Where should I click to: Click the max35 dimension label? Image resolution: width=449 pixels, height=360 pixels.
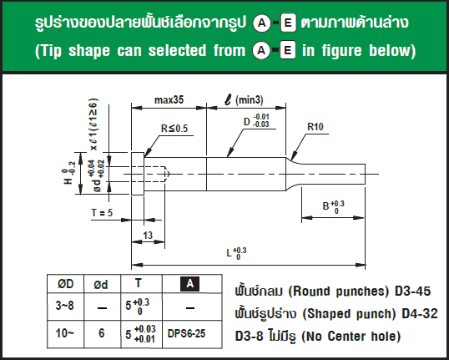pyautogui.click(x=169, y=99)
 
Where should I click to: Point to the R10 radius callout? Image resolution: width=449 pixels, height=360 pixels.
pyautogui.click(x=315, y=127)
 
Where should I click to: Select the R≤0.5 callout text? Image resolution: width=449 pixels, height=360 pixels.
pyautogui.click(x=174, y=129)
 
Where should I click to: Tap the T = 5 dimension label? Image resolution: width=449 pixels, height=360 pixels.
pyautogui.click(x=102, y=213)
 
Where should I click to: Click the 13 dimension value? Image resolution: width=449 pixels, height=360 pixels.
pyautogui.click(x=148, y=236)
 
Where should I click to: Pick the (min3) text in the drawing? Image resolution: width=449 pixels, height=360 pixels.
pyautogui.click(x=249, y=99)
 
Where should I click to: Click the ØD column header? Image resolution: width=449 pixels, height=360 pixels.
pyautogui.click(x=66, y=284)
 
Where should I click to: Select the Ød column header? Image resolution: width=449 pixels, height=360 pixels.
pyautogui.click(x=101, y=284)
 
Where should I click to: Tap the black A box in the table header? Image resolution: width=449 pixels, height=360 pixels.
pyautogui.click(x=189, y=284)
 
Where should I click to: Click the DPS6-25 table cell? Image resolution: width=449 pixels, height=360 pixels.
pyautogui.click(x=186, y=333)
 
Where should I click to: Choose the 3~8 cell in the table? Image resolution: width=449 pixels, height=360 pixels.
pyautogui.click(x=65, y=306)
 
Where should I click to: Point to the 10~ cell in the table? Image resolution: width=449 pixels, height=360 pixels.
pyautogui.click(x=65, y=333)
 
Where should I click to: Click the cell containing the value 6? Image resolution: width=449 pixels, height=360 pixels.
pyautogui.click(x=101, y=333)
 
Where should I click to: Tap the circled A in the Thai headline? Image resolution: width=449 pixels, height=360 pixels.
pyautogui.click(x=262, y=23)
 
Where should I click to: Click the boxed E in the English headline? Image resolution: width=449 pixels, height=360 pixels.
pyautogui.click(x=287, y=51)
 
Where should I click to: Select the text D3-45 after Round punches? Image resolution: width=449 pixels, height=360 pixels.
pyautogui.click(x=412, y=292)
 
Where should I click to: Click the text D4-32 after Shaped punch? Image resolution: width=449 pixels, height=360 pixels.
pyautogui.click(x=420, y=313)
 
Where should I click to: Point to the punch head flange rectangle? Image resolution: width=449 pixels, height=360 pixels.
pyautogui.click(x=138, y=174)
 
